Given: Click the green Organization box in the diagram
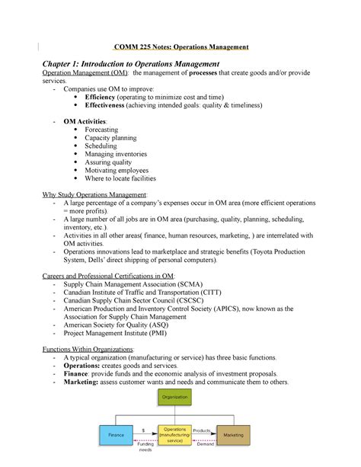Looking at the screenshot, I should [176, 396].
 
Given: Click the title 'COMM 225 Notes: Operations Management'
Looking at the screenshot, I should [180, 47].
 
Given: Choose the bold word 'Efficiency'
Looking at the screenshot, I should [107, 98].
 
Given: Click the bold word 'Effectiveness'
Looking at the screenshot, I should [112, 107].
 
